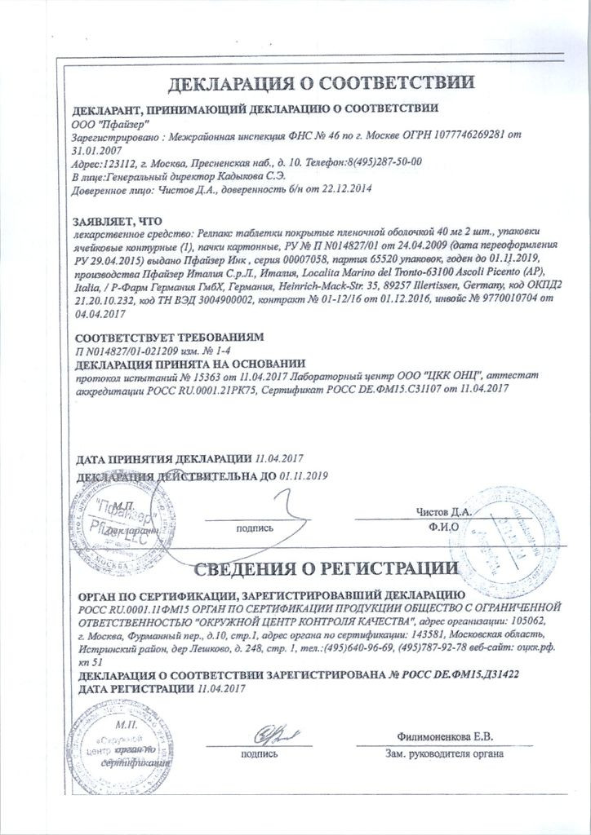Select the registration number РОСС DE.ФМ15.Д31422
tap(459, 676)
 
